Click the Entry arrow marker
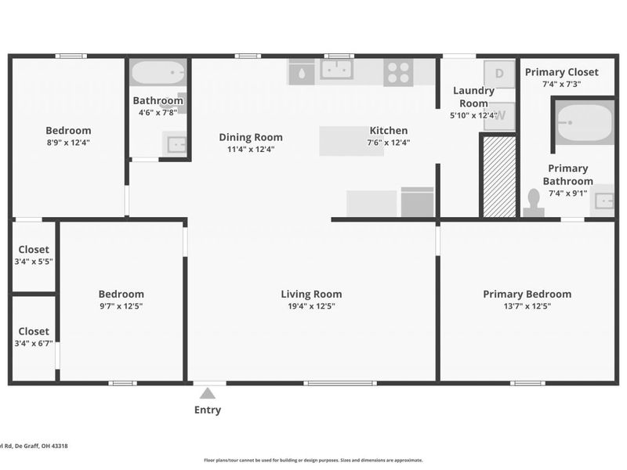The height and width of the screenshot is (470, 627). [x=207, y=393]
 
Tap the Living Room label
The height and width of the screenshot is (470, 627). [x=311, y=295]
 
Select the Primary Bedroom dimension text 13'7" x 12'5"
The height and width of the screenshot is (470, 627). [x=527, y=306]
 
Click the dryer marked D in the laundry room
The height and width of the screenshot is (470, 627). [x=500, y=74]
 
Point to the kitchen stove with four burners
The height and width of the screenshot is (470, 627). [x=398, y=73]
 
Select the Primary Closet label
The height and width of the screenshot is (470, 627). [x=561, y=72]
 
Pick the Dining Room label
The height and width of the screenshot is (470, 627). [x=250, y=137]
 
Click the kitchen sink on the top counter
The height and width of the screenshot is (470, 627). [x=336, y=70]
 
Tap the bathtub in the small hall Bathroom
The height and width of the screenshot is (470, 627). [x=158, y=74]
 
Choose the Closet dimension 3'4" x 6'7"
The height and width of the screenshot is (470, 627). [x=34, y=343]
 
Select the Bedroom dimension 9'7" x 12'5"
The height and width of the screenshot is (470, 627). [x=121, y=306]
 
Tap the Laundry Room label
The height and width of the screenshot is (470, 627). [x=474, y=96]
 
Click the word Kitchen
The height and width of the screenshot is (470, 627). [x=389, y=131]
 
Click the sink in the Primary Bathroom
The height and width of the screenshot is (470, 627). [x=604, y=200]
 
